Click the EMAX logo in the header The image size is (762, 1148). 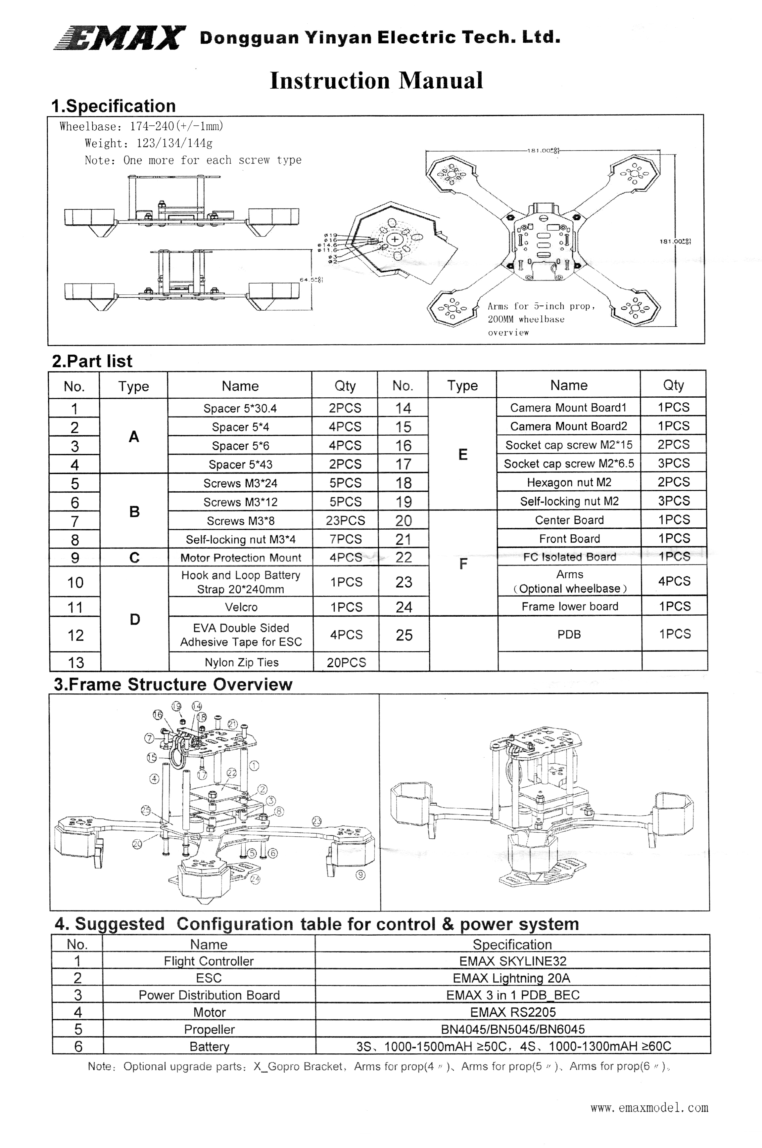(119, 38)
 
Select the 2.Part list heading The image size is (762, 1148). (92, 361)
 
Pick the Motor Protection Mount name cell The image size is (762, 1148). (241, 557)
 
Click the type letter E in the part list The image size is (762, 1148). (463, 455)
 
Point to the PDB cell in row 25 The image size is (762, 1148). (569, 634)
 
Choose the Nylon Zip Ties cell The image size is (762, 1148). (242, 662)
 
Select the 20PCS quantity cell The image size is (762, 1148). (346, 662)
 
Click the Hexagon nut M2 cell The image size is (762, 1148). (569, 482)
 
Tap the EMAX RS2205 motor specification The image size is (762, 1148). (513, 1012)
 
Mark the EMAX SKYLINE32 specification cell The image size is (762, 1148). (513, 961)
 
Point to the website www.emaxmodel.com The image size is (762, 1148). (649, 1108)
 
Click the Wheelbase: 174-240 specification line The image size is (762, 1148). (141, 126)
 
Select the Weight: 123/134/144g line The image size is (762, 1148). (148, 143)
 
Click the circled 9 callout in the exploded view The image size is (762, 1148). (360, 875)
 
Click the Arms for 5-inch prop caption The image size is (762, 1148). (541, 319)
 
